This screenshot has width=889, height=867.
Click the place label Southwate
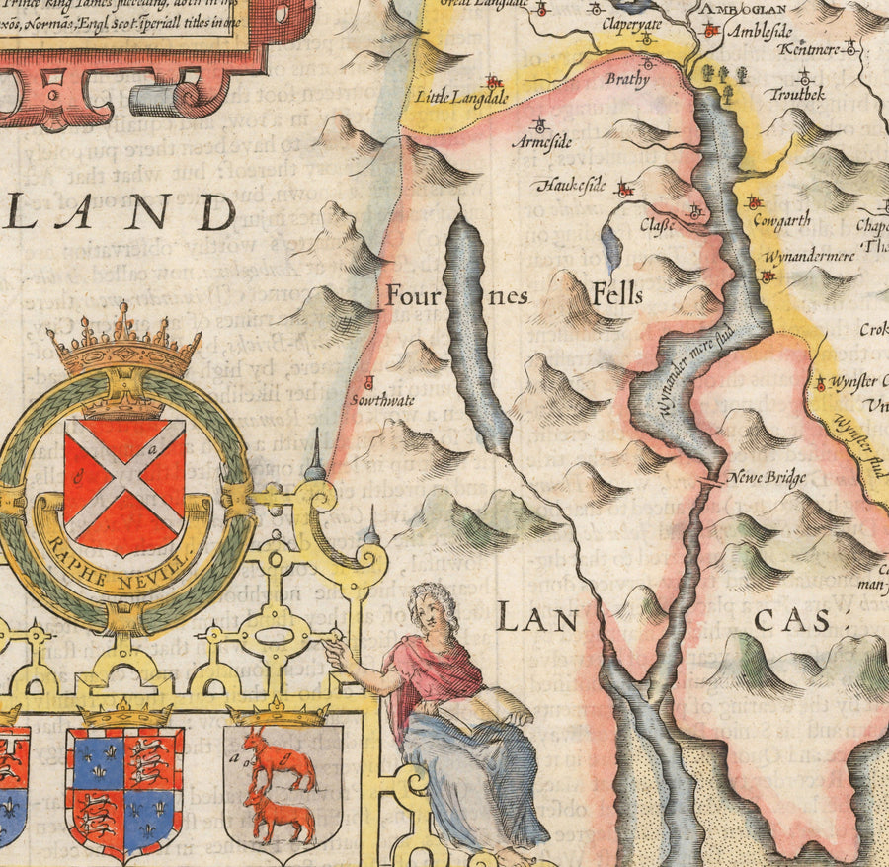coord(381,401)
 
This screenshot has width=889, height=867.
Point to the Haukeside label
coord(571,185)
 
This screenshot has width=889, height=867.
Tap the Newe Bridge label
coord(767,478)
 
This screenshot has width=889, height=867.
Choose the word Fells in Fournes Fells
coord(617,293)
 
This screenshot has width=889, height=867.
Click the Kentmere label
coord(808,48)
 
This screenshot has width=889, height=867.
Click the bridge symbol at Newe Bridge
coord(709,482)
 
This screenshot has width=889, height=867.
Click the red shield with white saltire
coord(123,484)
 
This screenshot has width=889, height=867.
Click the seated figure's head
coord(430,606)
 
